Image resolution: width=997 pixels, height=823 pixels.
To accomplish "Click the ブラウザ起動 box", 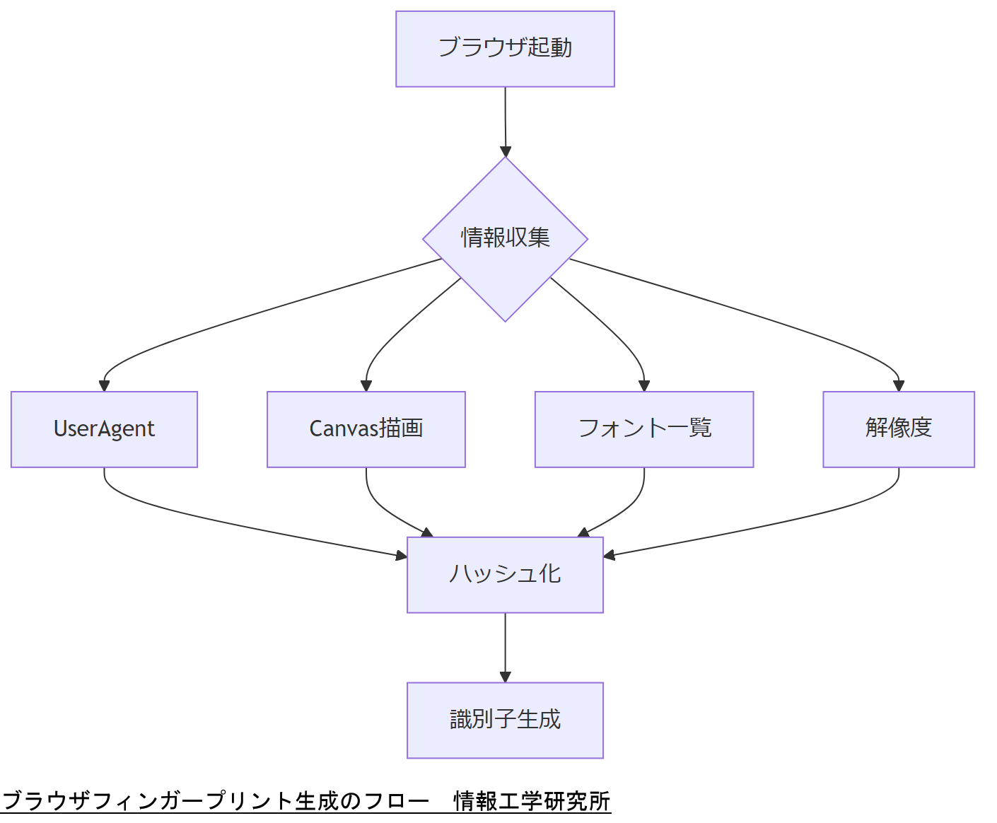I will pos(505,49).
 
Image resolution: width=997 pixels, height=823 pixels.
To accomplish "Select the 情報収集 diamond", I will pos(505,239).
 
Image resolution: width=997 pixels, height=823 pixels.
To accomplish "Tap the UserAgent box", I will pos(104,429).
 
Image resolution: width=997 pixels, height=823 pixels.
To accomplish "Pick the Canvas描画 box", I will pos(366,429).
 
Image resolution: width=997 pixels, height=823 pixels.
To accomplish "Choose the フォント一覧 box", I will pos(643,429).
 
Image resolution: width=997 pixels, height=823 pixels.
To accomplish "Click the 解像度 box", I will pos(898,429).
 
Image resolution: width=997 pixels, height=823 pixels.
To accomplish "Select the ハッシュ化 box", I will pos(505,574).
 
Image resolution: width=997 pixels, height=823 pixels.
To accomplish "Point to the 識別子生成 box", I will pos(505,720).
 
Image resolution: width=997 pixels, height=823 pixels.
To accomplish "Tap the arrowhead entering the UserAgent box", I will pos(104,385).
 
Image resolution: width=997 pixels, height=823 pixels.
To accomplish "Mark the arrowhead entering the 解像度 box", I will pos(899,385).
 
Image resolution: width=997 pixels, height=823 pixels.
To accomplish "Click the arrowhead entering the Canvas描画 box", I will pos(366,385).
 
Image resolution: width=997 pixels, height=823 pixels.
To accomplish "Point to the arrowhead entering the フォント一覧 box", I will pos(643,385).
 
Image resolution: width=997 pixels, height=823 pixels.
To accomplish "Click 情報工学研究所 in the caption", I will pos(532,801).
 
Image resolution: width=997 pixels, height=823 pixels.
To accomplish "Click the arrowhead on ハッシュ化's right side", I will pos(610,555).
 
